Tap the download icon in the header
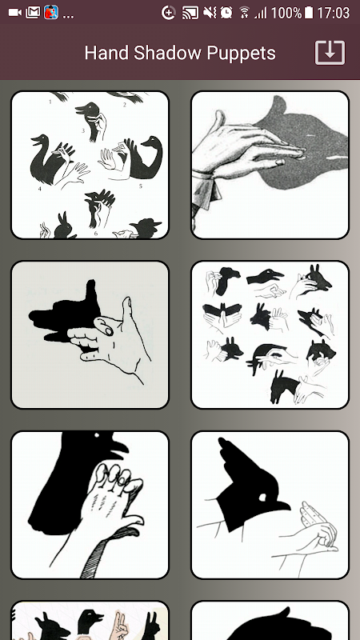(x=330, y=53)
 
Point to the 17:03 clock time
(x=334, y=13)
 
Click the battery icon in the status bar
(x=309, y=13)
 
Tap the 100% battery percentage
(x=286, y=13)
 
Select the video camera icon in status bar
(x=15, y=13)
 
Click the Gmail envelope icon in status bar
(x=33, y=13)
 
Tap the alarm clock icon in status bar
(x=226, y=13)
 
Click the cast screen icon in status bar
(x=190, y=13)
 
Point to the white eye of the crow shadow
(x=96, y=436)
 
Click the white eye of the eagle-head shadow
(x=262, y=498)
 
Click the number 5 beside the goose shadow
(x=141, y=186)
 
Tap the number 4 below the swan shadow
(x=40, y=189)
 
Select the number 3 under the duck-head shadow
(x=83, y=130)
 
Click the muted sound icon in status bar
(x=210, y=13)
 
